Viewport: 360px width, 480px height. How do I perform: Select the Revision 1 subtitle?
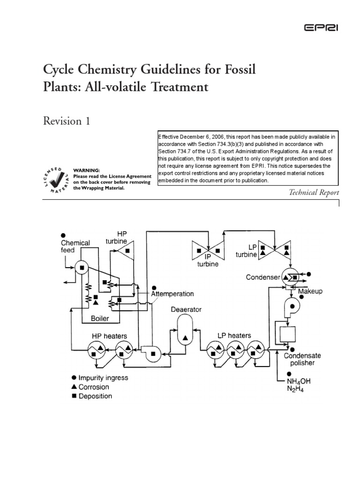point(66,121)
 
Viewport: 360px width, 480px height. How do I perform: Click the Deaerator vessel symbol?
point(186,330)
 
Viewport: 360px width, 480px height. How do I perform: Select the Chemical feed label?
point(75,247)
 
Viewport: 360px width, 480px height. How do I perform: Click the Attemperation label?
point(172,294)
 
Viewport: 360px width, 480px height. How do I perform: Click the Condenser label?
point(263,277)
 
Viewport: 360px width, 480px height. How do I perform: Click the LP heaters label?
point(234,336)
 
